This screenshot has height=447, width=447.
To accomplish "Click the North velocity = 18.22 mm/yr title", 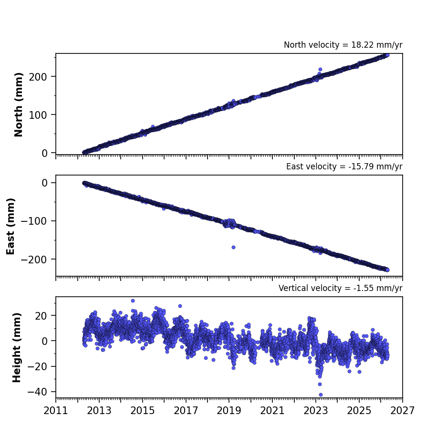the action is [x=343, y=45].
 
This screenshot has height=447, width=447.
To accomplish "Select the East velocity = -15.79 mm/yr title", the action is [x=344, y=166].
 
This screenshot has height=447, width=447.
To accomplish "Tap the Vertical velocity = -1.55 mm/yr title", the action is [x=341, y=288].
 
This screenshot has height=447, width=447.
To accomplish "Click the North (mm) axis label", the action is [x=19, y=104].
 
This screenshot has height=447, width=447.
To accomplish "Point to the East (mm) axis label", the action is [x=10, y=226].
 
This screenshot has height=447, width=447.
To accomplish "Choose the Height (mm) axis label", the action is [x=17, y=347].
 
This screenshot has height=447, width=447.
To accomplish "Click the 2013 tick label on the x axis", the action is [x=99, y=411].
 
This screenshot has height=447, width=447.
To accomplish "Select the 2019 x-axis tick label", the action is [x=229, y=411].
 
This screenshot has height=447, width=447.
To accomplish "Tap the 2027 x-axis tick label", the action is [x=402, y=411].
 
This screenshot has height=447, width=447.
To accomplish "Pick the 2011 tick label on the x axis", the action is [x=56, y=411].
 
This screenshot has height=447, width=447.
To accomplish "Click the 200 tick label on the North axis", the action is [x=38, y=77].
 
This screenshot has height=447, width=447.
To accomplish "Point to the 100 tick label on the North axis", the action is [x=38, y=115].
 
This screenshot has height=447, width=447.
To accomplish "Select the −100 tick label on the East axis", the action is [x=34, y=221].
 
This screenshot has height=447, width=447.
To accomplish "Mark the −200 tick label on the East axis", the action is [x=34, y=260].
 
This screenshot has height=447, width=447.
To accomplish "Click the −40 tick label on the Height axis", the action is [x=37, y=392].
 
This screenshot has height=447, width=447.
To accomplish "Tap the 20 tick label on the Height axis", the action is [x=42, y=316].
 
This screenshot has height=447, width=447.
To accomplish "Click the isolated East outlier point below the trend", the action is [x=233, y=248].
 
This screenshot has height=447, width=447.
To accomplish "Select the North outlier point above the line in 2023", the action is [x=320, y=69].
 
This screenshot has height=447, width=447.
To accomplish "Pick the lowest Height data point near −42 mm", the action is [x=321, y=395].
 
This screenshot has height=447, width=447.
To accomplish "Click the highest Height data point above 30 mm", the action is [x=133, y=301].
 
